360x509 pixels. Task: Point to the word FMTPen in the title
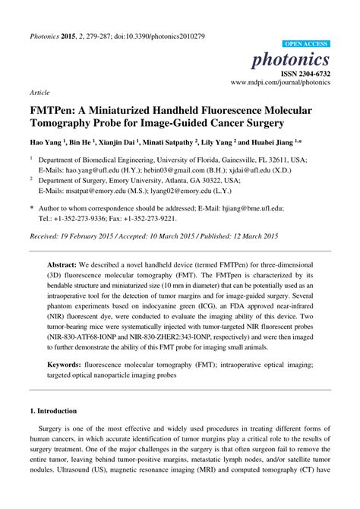[x=55, y=108]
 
